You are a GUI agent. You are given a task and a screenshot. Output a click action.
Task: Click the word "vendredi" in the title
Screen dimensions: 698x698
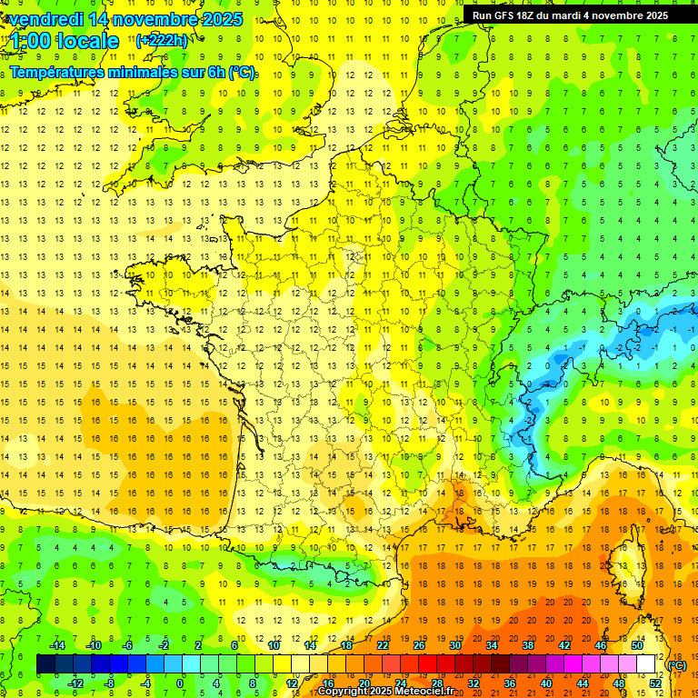pos(45,19)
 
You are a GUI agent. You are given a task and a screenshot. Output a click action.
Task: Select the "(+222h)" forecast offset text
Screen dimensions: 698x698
pos(162,40)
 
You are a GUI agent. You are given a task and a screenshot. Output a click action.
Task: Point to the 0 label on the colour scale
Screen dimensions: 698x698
pos(181,683)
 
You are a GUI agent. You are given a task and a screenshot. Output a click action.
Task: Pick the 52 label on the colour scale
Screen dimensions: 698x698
pos(655,683)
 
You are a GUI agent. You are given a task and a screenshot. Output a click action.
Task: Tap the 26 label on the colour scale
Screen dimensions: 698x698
pos(419,645)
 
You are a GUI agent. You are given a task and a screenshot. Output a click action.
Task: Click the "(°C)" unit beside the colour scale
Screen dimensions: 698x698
pos(677,665)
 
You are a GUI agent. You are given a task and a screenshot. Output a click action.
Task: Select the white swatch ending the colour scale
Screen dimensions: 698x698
pos(646,664)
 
